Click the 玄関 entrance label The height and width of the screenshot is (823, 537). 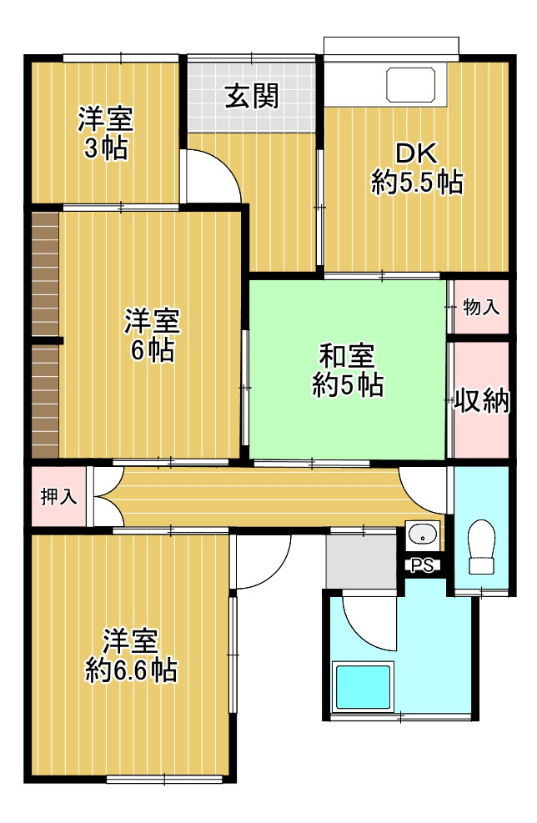coord(252,97)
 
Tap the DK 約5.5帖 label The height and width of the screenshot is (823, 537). coord(417,168)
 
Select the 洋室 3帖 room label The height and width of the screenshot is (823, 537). coord(106,133)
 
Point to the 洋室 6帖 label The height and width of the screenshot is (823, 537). coord(153,336)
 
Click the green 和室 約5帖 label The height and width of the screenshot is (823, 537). coord(348,370)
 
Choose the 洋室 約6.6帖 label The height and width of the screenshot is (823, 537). coord(131,655)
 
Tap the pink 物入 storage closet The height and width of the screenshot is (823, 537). coord(481,307)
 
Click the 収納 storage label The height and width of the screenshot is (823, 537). coord(482,401)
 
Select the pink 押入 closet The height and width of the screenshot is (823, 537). coord(58,496)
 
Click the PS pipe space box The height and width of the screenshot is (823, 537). coord(423,565)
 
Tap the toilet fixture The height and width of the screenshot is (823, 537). coord(482,546)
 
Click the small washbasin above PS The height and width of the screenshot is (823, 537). coord(423,536)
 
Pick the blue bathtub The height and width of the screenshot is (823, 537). coord(364,688)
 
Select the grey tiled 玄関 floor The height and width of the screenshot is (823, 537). coord(252,98)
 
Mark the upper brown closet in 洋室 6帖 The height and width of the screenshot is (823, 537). coord(45,274)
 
